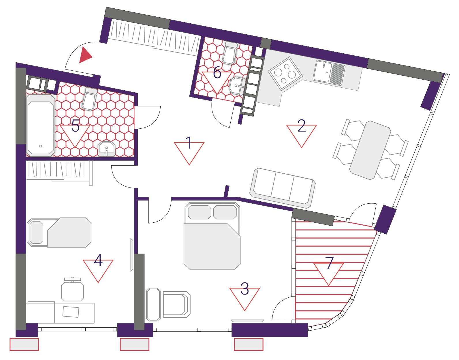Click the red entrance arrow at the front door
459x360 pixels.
(85, 55)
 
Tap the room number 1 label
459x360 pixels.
(189, 142)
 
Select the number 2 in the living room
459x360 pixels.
(301, 125)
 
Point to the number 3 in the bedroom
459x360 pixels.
(244, 288)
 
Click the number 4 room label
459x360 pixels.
(98, 260)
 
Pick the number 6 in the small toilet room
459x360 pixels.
(217, 72)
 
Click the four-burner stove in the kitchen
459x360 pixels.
(285, 74)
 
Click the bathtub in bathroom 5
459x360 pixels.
(41, 126)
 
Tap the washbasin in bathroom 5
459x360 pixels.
(107, 149)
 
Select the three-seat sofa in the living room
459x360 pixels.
(283, 188)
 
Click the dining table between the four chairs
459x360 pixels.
(370, 150)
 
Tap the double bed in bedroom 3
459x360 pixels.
(212, 236)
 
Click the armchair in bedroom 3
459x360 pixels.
(176, 305)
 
